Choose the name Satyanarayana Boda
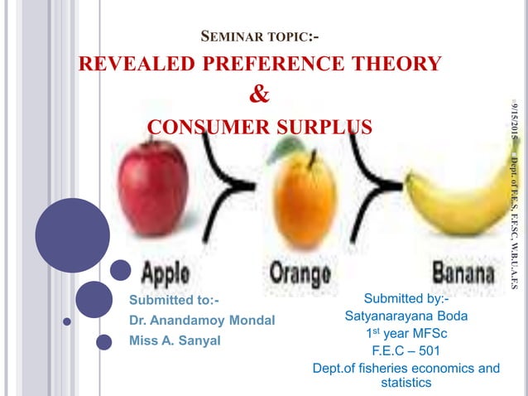[406, 316]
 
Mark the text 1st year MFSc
[406, 333]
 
